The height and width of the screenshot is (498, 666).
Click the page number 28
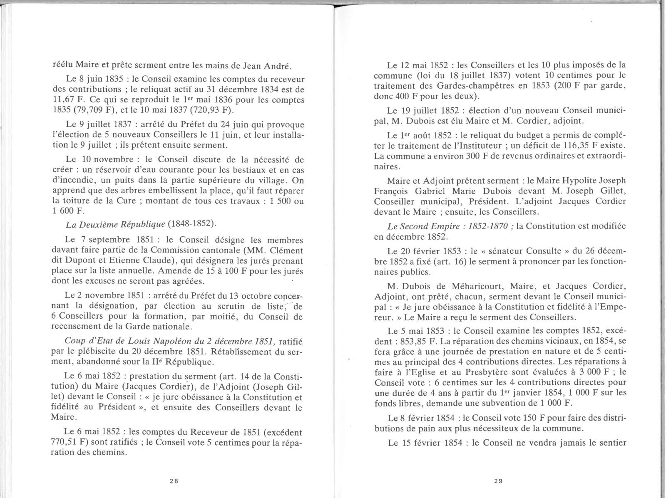(x=174, y=481)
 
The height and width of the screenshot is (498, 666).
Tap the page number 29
(x=498, y=481)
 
